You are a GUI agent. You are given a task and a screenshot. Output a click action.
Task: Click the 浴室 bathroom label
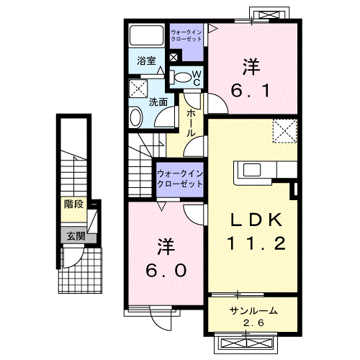[x=147, y=61]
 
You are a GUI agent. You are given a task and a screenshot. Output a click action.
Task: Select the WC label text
[x=196, y=78]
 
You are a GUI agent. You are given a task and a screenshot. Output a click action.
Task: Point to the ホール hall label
[x=192, y=122]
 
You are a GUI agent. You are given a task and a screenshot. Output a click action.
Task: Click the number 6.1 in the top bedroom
[x=250, y=91]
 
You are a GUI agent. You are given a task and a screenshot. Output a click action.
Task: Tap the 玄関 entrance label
[x=76, y=235]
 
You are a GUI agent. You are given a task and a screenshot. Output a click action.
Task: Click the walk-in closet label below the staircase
[x=181, y=179]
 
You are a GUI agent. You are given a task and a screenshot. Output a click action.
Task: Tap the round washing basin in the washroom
[x=136, y=117]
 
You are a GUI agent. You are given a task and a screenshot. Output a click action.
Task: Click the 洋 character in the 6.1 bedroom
[x=250, y=67]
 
